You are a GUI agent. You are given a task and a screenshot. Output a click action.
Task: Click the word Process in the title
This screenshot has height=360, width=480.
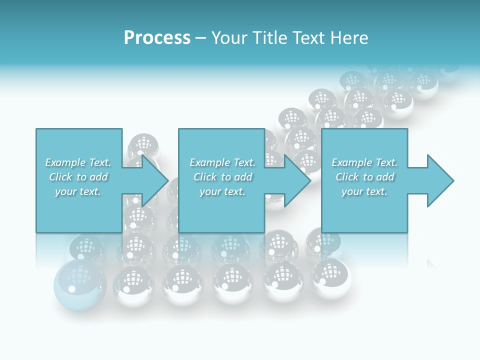157,38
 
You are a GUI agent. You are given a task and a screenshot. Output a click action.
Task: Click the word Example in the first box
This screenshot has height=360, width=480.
65,162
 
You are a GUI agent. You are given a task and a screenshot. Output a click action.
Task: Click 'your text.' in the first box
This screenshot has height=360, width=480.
78,191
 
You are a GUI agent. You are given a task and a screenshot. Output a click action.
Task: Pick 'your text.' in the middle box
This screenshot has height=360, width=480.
222,191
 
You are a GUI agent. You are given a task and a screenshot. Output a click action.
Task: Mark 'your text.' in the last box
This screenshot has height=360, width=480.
364,191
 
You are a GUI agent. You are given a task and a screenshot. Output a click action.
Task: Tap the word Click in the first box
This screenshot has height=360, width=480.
60,177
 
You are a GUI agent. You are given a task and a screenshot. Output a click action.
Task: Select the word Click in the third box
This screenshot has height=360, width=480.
347,177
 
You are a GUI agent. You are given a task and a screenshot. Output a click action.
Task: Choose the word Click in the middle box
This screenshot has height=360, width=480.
205,177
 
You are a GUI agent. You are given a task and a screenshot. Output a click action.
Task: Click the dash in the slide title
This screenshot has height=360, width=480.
200,38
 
